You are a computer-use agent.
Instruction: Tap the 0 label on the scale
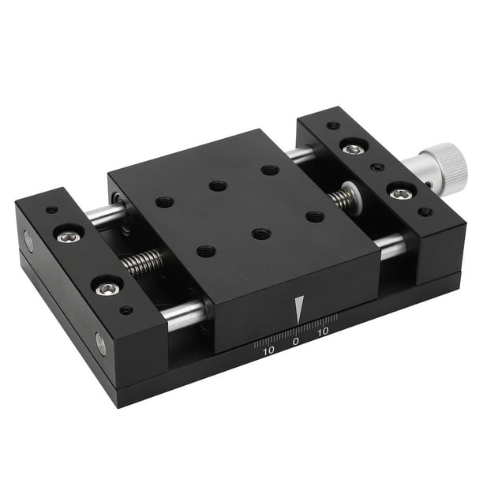295,342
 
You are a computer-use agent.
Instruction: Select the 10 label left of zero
269,350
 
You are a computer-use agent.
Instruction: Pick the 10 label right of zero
323,334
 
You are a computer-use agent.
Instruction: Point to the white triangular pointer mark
298,309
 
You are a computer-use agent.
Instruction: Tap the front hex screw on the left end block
109,289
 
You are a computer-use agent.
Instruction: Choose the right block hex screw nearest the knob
402,193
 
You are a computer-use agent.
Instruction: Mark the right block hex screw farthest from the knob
354,148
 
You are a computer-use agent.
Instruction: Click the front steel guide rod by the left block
183,313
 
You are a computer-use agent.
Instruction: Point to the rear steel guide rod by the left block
107,214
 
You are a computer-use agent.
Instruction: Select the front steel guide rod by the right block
392,248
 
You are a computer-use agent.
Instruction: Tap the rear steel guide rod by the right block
301,155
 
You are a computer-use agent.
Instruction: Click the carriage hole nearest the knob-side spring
314,216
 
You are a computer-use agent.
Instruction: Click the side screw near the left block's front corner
100,343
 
